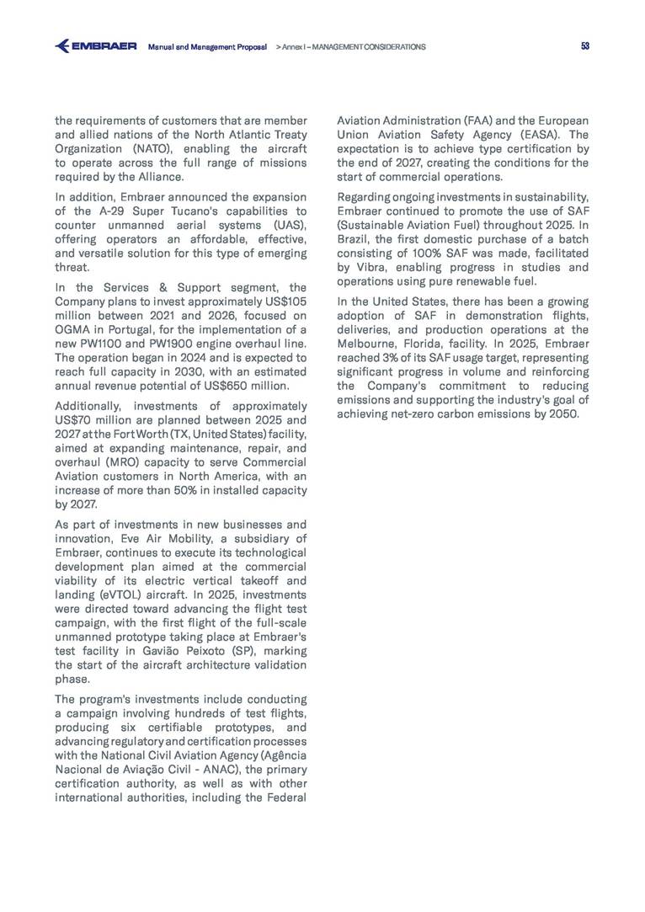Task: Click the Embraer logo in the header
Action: [x=95, y=46]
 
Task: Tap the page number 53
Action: [x=584, y=46]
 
